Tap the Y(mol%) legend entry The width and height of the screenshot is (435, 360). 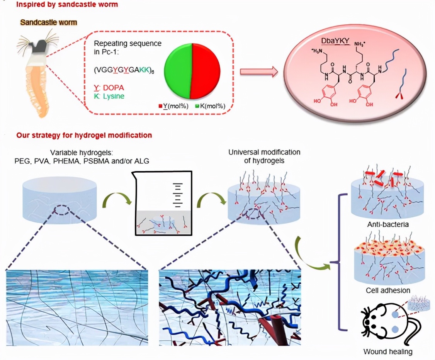(x=174, y=106)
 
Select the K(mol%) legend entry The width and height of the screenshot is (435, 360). (x=211, y=106)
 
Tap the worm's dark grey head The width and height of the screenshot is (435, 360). (x=39, y=47)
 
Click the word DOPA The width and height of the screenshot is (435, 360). (x=114, y=88)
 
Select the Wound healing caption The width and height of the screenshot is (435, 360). (x=382, y=352)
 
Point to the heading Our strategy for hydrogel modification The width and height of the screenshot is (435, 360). (x=84, y=135)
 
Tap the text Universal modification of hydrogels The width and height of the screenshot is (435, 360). (x=264, y=156)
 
